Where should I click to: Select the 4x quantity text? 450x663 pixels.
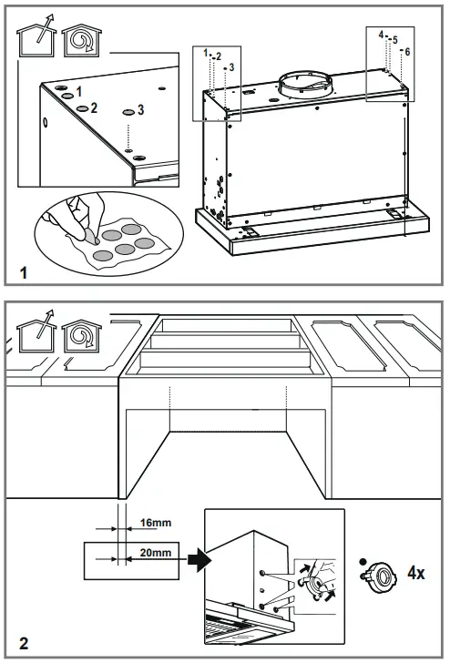(x=415, y=573)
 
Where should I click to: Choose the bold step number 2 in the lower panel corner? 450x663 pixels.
(x=24, y=644)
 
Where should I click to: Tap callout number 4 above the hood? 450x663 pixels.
(x=382, y=34)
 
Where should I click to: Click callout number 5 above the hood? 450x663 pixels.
(x=394, y=40)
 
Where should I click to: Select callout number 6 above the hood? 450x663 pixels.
(x=406, y=51)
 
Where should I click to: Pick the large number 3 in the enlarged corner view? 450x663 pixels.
(x=140, y=109)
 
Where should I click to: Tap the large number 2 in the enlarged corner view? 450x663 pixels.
(x=95, y=107)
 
